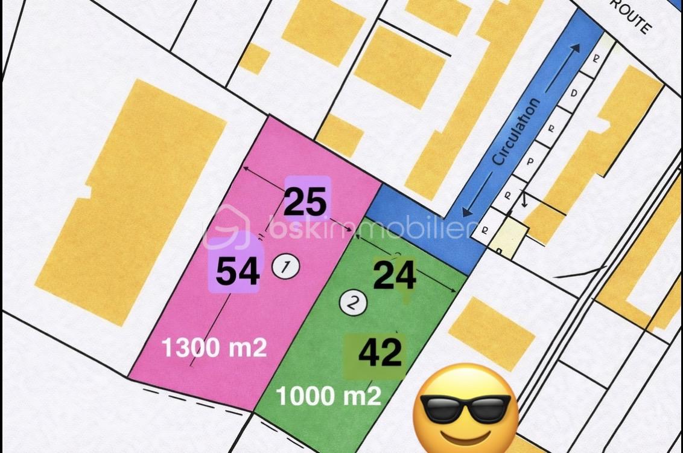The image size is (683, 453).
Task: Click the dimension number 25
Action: coord(306,202)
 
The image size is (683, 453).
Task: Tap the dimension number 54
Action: coord(238,271)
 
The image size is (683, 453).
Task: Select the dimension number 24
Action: coord(395,276)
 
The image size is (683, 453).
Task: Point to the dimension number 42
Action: coord(380,352)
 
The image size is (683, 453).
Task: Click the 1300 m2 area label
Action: coord(214,348)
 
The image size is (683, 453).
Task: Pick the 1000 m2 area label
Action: coord(329,396)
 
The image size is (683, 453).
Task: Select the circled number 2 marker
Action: coord(353,303)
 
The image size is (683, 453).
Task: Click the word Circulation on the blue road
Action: coord(516,132)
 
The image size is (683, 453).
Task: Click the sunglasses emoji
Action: coord(465,407)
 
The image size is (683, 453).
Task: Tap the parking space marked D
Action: coord(574,94)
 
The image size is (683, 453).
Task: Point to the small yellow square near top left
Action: coord(255,58)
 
